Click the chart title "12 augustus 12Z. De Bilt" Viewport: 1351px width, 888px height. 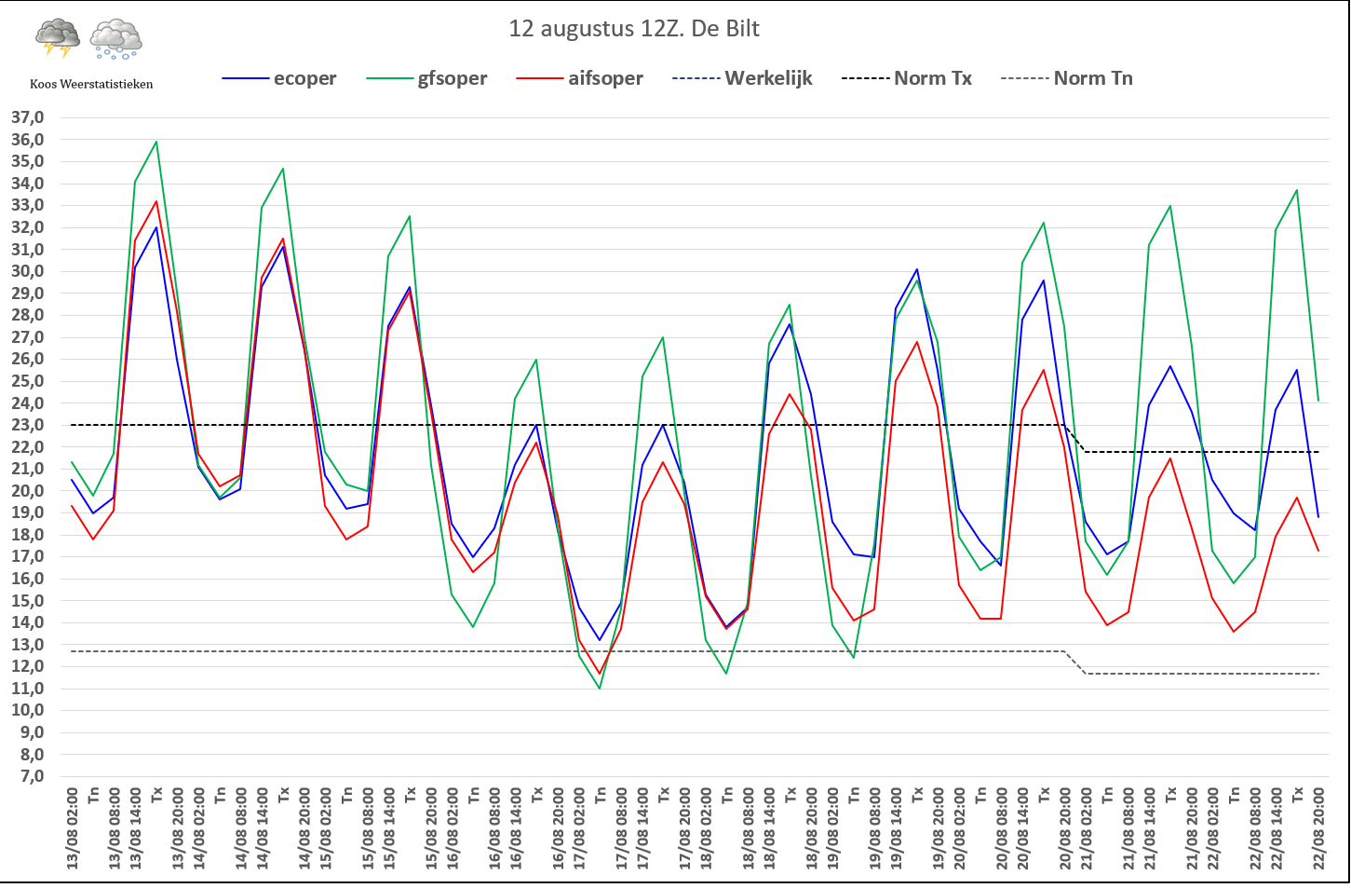pos(634,29)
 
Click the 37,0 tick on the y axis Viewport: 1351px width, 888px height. pos(27,117)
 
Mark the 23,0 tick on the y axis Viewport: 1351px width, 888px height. pos(27,425)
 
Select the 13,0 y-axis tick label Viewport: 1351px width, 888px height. pos(27,645)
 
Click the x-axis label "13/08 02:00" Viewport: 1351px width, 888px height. pos(73,829)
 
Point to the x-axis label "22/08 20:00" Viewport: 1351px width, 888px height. pos(1318,829)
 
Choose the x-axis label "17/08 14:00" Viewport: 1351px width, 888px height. pos(642,829)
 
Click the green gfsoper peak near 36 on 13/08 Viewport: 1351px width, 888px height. pos(156,142)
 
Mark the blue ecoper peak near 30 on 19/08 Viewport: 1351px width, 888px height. pos(917,269)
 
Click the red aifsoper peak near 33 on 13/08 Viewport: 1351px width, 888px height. pos(156,201)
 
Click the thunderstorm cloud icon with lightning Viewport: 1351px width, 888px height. pos(58,38)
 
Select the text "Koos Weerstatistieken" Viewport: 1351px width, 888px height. pos(91,84)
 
